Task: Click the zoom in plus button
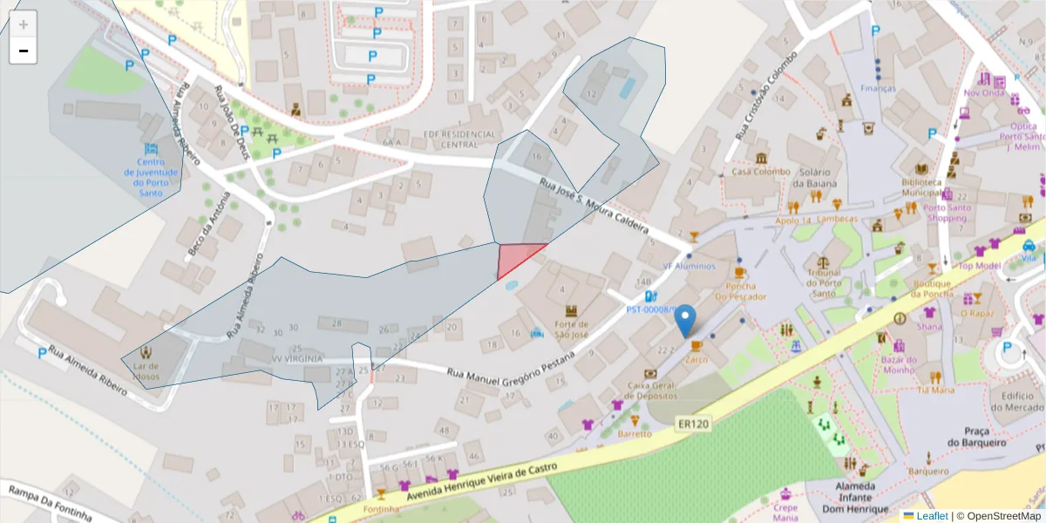[x=24, y=24]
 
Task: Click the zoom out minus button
[x=24, y=51]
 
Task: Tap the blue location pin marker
[x=687, y=320]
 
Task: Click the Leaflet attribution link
[x=932, y=516]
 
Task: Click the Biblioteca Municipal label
[x=923, y=187]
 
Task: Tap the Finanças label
[x=878, y=88]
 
